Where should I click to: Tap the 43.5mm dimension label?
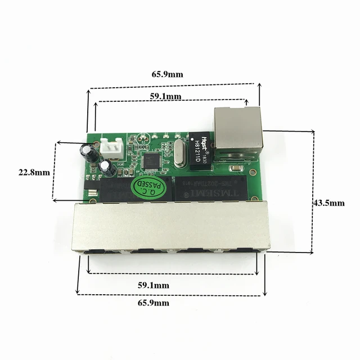tap(328, 203)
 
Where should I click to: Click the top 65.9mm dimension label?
tap(163, 74)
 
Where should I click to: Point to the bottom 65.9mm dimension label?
tap(152, 303)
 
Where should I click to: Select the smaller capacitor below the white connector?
tap(109, 168)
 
